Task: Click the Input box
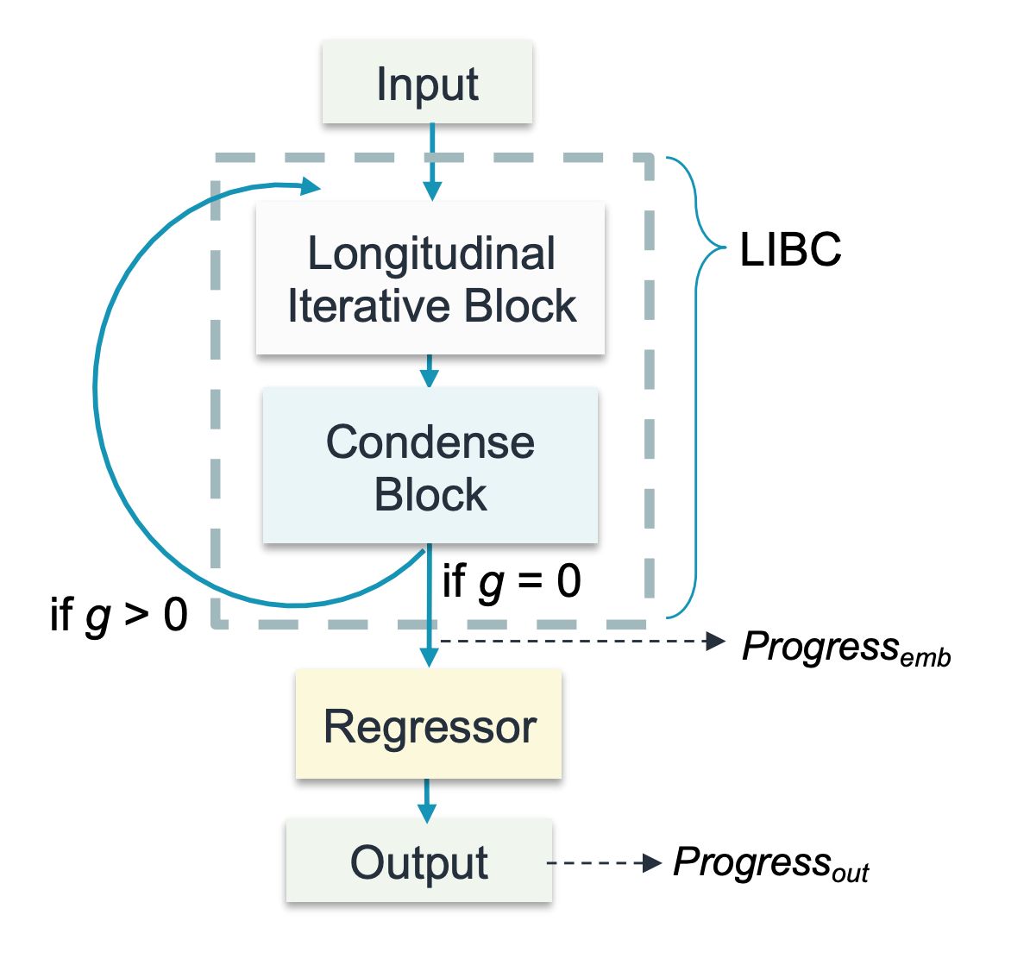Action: click(427, 84)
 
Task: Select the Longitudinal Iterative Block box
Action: click(430, 279)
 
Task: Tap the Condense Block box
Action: click(430, 467)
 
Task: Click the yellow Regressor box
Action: click(429, 725)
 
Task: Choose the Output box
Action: click(419, 861)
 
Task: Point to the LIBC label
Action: click(790, 250)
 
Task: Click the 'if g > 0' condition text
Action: click(119, 614)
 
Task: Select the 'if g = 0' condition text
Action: click(512, 581)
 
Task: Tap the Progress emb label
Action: click(845, 647)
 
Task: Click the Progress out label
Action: click(770, 863)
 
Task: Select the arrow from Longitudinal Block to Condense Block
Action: click(429, 371)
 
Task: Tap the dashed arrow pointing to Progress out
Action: click(604, 862)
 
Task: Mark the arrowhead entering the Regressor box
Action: click(428, 657)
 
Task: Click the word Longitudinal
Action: click(431, 254)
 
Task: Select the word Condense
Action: click(430, 442)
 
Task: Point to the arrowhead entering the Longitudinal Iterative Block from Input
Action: click(432, 191)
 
